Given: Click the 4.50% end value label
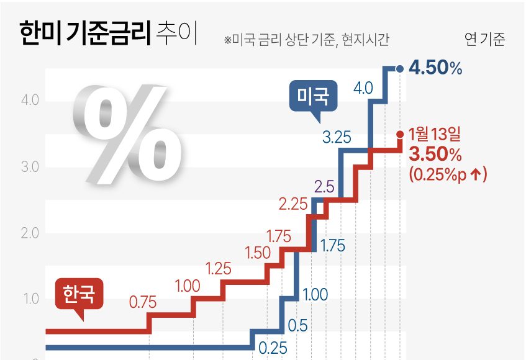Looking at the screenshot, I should pyautogui.click(x=435, y=68).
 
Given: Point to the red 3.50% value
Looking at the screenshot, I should pyautogui.click(x=435, y=153).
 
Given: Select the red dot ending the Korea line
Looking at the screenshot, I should pyautogui.click(x=399, y=133).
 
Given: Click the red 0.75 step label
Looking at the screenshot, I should pyautogui.click(x=143, y=302).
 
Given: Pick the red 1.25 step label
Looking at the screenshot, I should pyautogui.click(x=218, y=269).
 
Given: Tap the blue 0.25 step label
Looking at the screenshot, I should pyautogui.click(x=272, y=348).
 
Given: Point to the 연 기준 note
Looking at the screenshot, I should pyautogui.click(x=484, y=40).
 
